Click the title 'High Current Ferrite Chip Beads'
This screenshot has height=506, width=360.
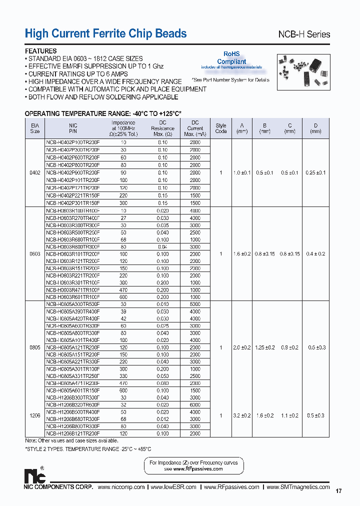(x=105, y=33)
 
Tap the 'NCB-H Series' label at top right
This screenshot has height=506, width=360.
(x=303, y=34)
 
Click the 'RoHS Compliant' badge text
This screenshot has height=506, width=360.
(x=231, y=57)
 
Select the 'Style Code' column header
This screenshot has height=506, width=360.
(x=220, y=128)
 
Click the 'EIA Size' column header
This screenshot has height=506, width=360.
(x=34, y=128)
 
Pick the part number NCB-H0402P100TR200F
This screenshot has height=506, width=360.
(x=73, y=142)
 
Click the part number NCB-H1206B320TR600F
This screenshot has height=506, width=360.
(x=73, y=404)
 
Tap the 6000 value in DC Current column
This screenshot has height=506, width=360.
(x=195, y=404)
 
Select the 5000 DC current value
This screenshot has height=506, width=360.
(x=195, y=304)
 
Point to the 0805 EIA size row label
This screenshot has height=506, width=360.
(x=34, y=347)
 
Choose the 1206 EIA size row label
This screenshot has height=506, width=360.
(x=34, y=415)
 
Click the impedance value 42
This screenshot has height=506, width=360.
(x=123, y=318)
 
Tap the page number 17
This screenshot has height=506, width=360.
(x=338, y=491)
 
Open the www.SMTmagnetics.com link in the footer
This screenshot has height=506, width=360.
(x=298, y=487)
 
